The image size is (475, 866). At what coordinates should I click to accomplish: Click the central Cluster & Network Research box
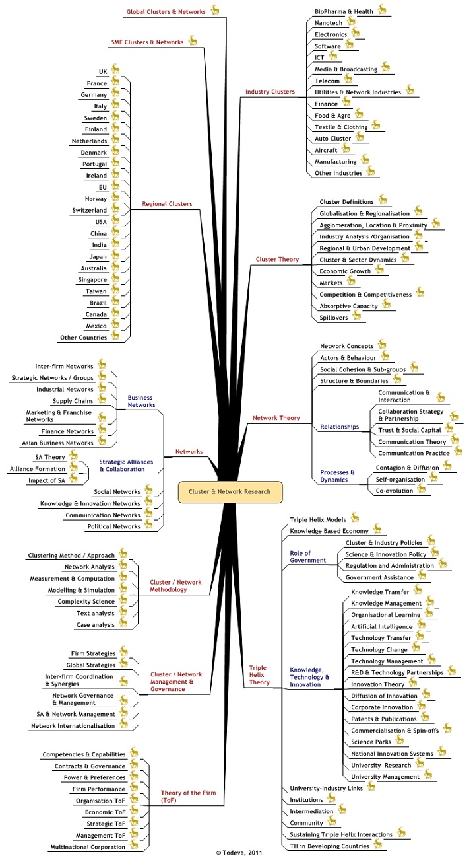pyautogui.click(x=230, y=491)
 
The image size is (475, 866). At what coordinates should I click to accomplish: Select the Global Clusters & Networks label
pyautogui.click(x=166, y=11)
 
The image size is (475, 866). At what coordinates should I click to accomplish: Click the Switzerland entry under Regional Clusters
pyautogui.click(x=91, y=210)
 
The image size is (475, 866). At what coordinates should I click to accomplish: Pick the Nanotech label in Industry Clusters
pyautogui.click(x=329, y=23)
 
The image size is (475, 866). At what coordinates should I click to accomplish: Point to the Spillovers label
pyautogui.click(x=334, y=318)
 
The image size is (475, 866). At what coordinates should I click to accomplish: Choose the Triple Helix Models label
pyautogui.click(x=318, y=519)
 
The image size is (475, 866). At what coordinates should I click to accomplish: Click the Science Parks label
pyautogui.click(x=371, y=742)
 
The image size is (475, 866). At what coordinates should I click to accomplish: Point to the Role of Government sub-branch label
pyautogui.click(x=308, y=556)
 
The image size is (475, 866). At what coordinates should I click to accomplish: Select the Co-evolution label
pyautogui.click(x=394, y=491)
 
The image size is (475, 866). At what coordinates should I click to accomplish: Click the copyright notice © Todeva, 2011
pyautogui.click(x=234, y=853)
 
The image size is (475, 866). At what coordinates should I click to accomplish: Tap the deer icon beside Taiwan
pyautogui.click(x=116, y=289)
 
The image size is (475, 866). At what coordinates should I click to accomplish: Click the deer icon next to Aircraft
pyautogui.click(x=348, y=149)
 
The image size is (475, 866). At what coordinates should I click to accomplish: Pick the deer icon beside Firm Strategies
pyautogui.click(x=123, y=651)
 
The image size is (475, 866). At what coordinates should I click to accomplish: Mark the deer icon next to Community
pyautogui.click(x=332, y=821)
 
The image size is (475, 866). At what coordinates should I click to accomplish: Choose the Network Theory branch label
pyautogui.click(x=276, y=418)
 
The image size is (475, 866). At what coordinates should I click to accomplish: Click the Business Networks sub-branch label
pyautogui.click(x=141, y=401)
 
